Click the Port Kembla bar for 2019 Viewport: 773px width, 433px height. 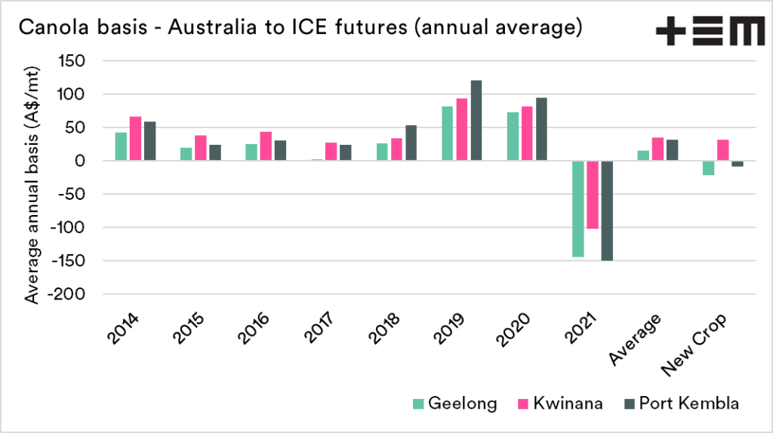[x=476, y=121]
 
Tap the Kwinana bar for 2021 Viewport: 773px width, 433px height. [x=592, y=195]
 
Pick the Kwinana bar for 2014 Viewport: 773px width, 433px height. [x=135, y=139]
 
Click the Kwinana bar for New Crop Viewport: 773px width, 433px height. [x=722, y=150]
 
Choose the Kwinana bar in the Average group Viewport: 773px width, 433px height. [x=658, y=149]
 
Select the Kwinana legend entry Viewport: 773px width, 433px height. [x=559, y=404]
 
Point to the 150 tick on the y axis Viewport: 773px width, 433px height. [x=67, y=61]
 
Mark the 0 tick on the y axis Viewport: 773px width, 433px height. [x=75, y=161]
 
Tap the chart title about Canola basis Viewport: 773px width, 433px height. [x=299, y=29]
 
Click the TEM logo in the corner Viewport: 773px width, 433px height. [x=710, y=32]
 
